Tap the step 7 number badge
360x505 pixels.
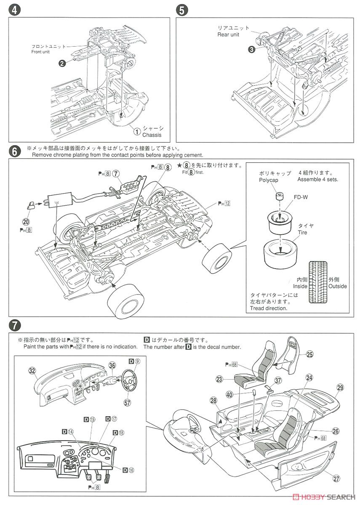(14, 325)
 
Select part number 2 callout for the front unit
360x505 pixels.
(61, 63)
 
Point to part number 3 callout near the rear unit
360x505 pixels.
(251, 49)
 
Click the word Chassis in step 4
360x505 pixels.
(152, 135)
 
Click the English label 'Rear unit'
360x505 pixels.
(228, 35)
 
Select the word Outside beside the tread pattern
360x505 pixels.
(338, 286)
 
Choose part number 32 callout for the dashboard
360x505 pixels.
(32, 370)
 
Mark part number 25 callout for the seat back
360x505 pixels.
(309, 354)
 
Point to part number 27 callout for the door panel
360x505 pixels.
(336, 478)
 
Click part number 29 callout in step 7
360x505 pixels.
(340, 388)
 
